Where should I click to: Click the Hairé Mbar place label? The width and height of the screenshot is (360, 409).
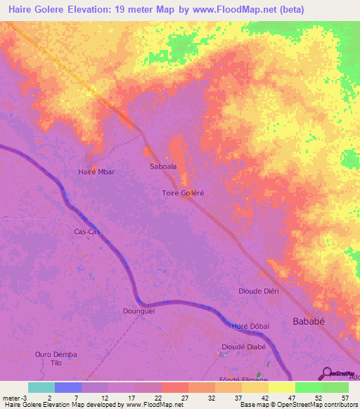click(x=96, y=171)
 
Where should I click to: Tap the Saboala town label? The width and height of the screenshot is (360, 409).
click(x=163, y=167)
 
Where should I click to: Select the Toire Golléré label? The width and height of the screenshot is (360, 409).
click(x=183, y=193)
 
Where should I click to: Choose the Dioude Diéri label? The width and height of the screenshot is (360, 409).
click(x=259, y=290)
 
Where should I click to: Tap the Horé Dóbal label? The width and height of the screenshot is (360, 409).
click(x=251, y=327)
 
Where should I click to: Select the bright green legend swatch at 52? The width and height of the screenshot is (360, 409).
click(x=309, y=387)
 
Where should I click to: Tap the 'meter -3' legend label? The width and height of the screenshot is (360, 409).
click(x=14, y=397)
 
